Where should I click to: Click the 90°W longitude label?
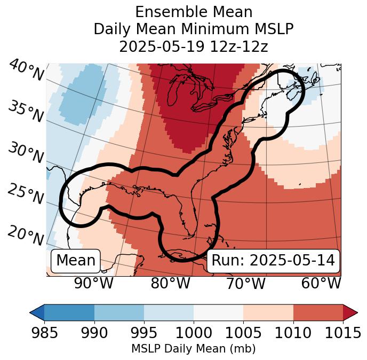(x=94, y=284)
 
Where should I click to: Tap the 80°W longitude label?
(x=170, y=284)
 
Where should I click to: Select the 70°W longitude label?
(x=245, y=284)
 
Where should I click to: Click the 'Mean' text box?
(x=76, y=261)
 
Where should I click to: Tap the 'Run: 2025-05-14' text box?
(x=273, y=261)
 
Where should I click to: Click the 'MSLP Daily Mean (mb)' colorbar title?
(x=194, y=349)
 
